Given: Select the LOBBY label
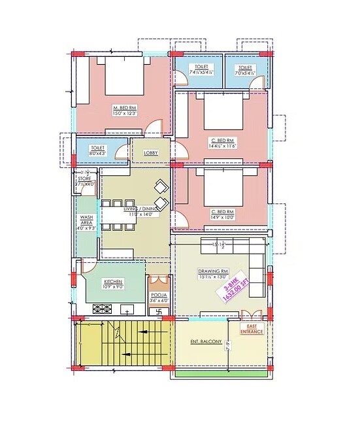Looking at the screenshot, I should point(150,152).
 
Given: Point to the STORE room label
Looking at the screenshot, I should point(84,178).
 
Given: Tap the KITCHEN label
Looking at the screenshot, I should point(112,282).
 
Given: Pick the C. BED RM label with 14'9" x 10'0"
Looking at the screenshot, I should point(223,212).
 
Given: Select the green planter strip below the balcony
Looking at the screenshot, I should point(223,375).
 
